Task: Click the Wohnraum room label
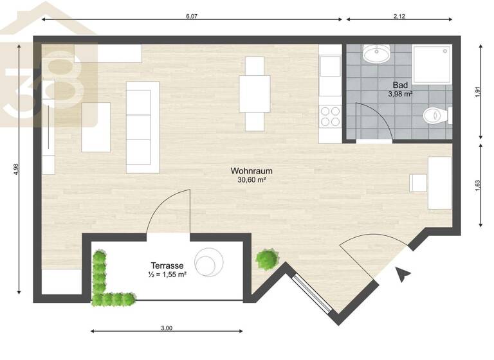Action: tap(252, 171)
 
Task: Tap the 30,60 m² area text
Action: tap(252, 181)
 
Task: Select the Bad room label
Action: tap(400, 84)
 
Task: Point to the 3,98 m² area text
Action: tap(400, 94)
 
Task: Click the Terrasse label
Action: tap(168, 265)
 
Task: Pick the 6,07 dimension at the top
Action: tap(191, 17)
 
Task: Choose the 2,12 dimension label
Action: tap(399, 17)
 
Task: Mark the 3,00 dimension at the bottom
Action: tap(166, 328)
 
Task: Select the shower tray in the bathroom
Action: tap(432, 65)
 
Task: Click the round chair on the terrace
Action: tap(210, 262)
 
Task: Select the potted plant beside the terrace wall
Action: tap(267, 260)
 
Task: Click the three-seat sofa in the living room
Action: tap(142, 127)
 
